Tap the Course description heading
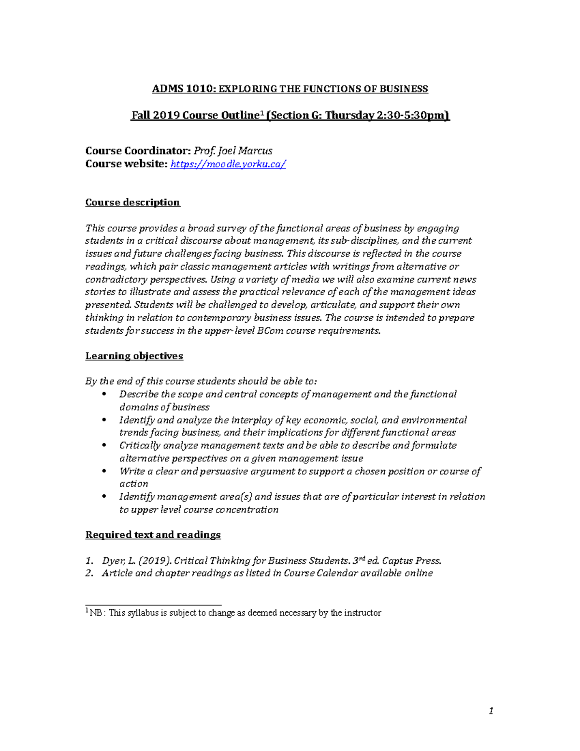(132, 202)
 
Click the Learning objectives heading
(134, 356)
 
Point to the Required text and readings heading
(153, 535)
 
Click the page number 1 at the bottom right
(491, 711)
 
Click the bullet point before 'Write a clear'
(104, 471)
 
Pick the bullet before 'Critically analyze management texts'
(104, 445)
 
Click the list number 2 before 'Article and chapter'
(89, 574)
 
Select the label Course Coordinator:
(138, 151)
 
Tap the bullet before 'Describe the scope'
(104, 394)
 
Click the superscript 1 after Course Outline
(261, 113)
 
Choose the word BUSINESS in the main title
(403, 89)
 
